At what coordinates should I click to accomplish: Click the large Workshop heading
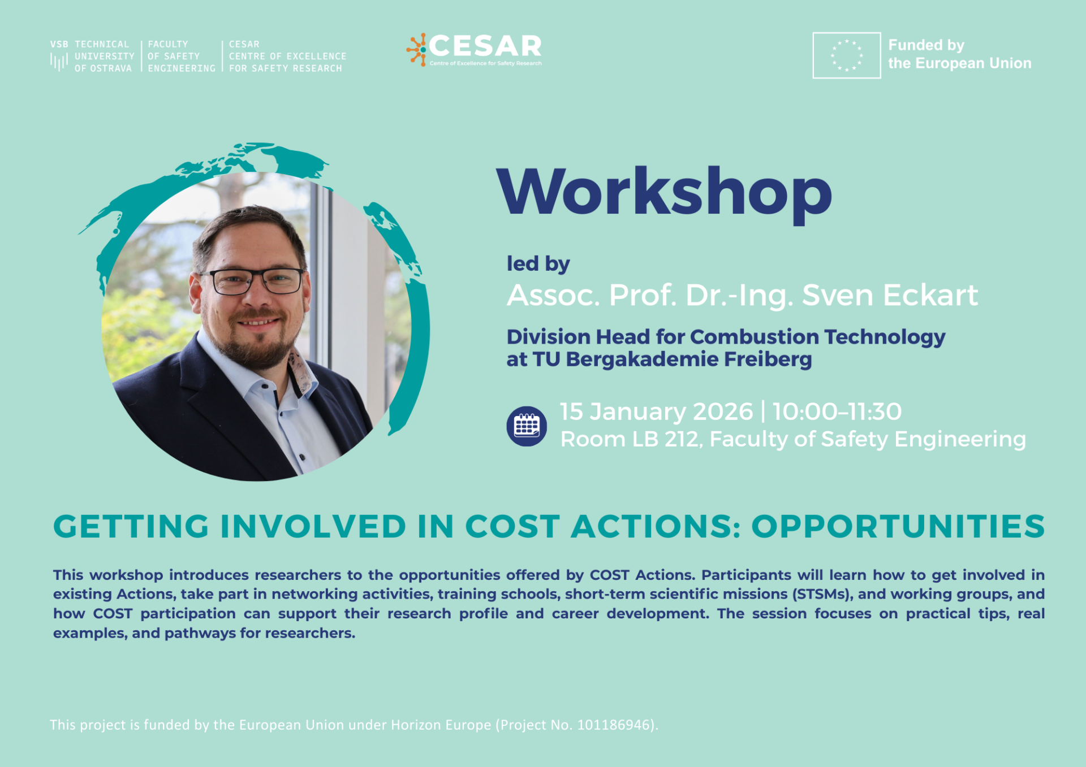664,192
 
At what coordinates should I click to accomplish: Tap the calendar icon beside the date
526,426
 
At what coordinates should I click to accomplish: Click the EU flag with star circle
846,55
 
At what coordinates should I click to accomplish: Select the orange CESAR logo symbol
417,49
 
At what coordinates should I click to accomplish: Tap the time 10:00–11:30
837,411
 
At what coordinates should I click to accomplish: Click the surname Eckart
930,295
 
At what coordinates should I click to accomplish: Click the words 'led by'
538,263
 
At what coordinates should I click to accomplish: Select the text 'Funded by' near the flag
926,45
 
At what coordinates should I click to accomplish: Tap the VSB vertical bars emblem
59,61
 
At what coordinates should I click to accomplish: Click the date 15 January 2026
656,411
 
